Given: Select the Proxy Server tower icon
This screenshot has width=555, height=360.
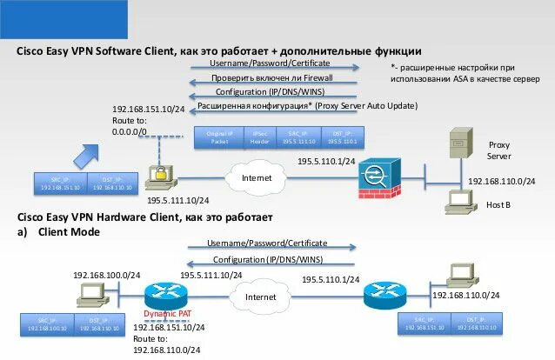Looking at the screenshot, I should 454,143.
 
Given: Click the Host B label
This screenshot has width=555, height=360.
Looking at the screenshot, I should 498,204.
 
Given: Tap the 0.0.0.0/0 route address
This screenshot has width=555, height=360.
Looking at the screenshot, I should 130,131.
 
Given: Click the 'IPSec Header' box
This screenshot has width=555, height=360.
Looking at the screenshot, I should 260,137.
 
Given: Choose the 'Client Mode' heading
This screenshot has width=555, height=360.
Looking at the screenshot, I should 69,232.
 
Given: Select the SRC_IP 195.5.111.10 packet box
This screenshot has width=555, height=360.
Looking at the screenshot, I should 299,137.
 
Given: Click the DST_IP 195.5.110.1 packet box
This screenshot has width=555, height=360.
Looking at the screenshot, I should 343,137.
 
